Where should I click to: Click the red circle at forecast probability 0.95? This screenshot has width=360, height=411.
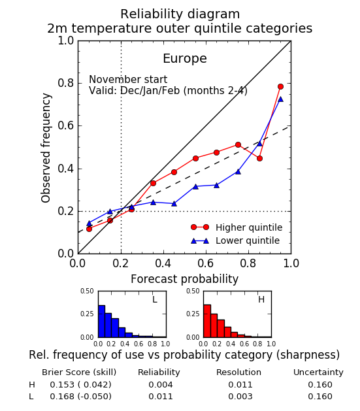pos(280,86)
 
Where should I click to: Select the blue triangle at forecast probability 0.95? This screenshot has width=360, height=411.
pos(280,99)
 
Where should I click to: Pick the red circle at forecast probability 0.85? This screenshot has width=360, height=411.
pos(259,158)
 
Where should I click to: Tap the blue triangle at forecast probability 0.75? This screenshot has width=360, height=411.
pos(238,172)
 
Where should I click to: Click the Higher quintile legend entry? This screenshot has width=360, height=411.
pos(237,227)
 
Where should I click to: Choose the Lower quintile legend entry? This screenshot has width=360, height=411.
pos(235,240)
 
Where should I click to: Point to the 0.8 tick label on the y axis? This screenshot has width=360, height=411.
pos(66,83)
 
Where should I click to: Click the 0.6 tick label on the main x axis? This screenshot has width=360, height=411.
pos(206,263)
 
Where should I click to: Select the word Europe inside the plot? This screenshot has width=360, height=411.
pos(185,58)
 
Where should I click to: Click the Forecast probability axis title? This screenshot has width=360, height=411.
pos(184,279)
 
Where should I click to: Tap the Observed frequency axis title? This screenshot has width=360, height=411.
pos(46,148)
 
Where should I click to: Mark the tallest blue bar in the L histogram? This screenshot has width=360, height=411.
pos(102,321)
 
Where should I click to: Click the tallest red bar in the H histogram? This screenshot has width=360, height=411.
pos(207,321)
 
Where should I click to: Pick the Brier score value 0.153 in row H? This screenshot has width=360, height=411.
pos(62,384)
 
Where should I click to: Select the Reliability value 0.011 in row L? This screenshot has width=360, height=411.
pos(161,397)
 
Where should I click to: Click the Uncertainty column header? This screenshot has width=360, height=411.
pos(318,372)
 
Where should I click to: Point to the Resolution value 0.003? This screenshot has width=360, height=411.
pos(240,397)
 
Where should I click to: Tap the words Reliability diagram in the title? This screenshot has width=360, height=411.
pos(180,14)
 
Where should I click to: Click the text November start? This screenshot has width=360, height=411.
pos(128,79)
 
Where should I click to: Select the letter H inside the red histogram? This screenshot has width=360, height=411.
pos(261,299)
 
